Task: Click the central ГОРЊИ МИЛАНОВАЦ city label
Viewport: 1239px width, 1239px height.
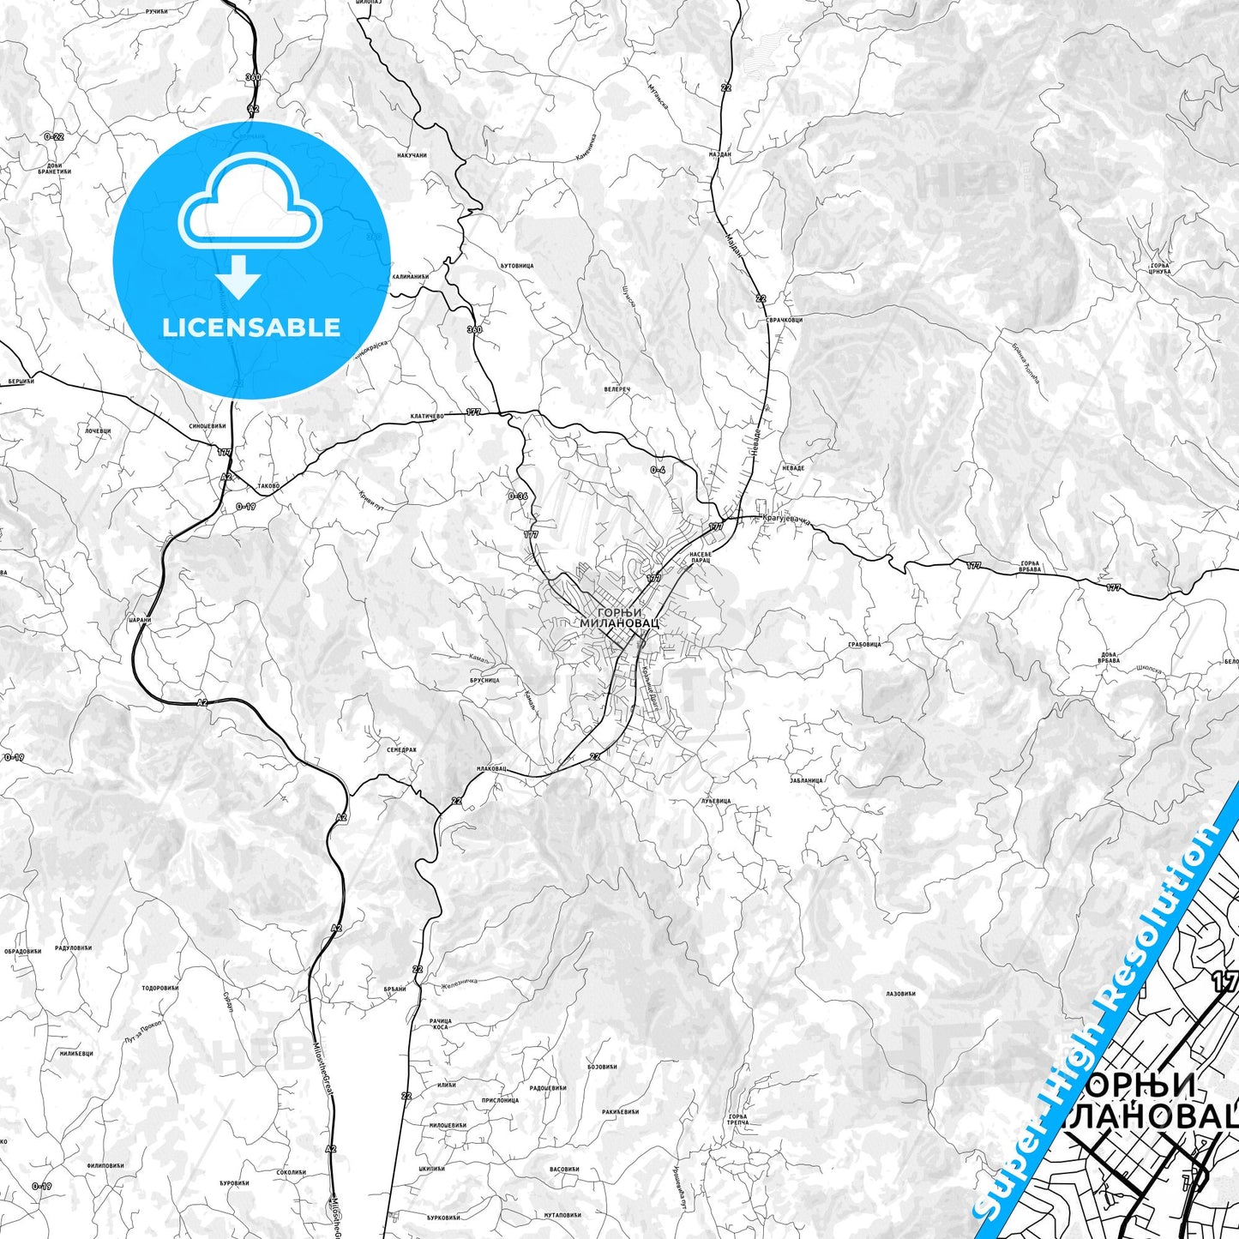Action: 620,616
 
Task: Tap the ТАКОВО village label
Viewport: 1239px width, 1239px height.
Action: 268,486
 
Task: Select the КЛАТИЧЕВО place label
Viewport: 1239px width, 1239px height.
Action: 426,416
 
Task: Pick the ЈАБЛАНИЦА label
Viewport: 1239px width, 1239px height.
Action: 807,780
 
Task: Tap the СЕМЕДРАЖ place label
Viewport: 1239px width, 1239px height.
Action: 401,749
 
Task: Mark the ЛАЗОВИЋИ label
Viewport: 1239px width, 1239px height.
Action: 900,994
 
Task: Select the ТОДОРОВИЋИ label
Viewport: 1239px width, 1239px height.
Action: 159,988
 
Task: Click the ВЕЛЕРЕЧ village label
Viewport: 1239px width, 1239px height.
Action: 616,389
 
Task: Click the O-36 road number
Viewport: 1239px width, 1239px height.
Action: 517,496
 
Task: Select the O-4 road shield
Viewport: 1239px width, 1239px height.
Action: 658,470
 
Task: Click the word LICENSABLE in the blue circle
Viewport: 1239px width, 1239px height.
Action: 251,327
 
